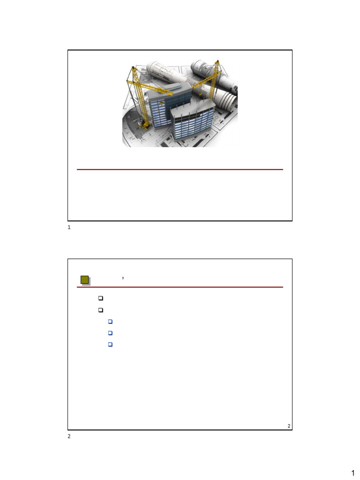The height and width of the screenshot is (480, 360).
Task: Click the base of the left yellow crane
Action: (x=144, y=125)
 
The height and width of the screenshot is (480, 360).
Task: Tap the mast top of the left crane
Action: (x=133, y=69)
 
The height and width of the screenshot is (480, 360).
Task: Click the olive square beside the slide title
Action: (x=85, y=280)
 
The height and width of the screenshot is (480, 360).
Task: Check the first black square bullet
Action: (x=100, y=298)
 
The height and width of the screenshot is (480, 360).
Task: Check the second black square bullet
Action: (x=100, y=310)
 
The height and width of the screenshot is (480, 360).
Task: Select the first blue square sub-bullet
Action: (x=110, y=322)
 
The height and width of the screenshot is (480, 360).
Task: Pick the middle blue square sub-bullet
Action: (x=110, y=333)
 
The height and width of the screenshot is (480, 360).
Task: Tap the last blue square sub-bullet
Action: (x=110, y=345)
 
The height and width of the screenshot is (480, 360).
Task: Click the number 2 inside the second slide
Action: (x=289, y=426)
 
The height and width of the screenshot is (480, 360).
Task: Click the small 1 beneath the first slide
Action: (x=69, y=228)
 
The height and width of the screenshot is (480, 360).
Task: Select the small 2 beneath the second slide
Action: (x=69, y=436)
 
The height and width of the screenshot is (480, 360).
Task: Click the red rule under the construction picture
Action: (x=180, y=169)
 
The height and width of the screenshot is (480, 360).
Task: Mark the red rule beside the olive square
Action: (x=187, y=287)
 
